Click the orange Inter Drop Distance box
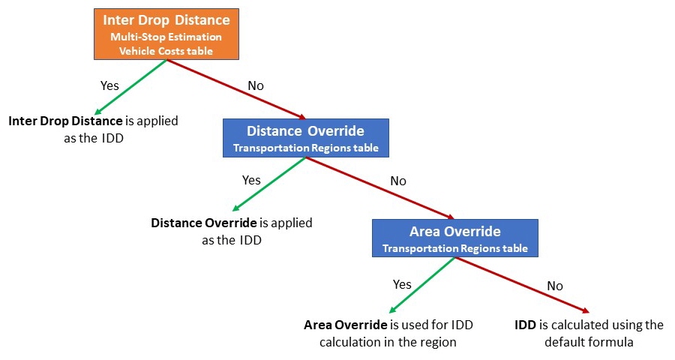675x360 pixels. pyautogui.click(x=166, y=34)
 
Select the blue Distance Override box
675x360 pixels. pyautogui.click(x=306, y=138)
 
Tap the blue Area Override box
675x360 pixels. pyautogui.click(x=455, y=238)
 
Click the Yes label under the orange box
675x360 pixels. pyautogui.click(x=109, y=85)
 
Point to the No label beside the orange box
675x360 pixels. pyautogui.click(x=256, y=85)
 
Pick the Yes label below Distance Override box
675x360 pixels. pyautogui.click(x=251, y=180)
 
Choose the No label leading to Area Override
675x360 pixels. pyautogui.click(x=398, y=181)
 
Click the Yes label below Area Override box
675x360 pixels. pyautogui.click(x=402, y=284)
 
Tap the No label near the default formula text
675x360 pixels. pyautogui.click(x=555, y=286)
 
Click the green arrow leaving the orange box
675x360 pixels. pyautogui.click(x=130, y=87)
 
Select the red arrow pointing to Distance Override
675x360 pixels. pyautogui.click(x=236, y=89)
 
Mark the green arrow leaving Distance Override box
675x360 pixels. pyautogui.click(x=269, y=184)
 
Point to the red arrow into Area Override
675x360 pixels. pyautogui.click(x=380, y=188)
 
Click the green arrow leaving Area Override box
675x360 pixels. pyautogui.click(x=421, y=285)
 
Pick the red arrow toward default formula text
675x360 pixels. pyautogui.click(x=522, y=285)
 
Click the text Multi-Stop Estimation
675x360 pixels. pyautogui.click(x=166, y=37)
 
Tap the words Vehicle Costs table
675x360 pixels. pyautogui.click(x=166, y=51)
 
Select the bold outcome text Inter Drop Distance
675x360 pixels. pyautogui.click(x=65, y=121)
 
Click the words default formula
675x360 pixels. pyautogui.click(x=589, y=342)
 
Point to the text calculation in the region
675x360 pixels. pyautogui.click(x=388, y=342)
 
